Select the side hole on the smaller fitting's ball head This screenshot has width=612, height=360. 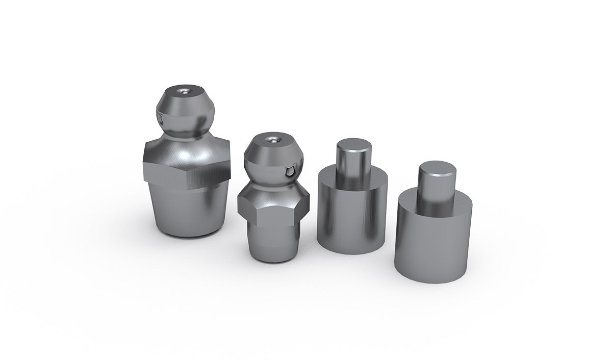[290, 172]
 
